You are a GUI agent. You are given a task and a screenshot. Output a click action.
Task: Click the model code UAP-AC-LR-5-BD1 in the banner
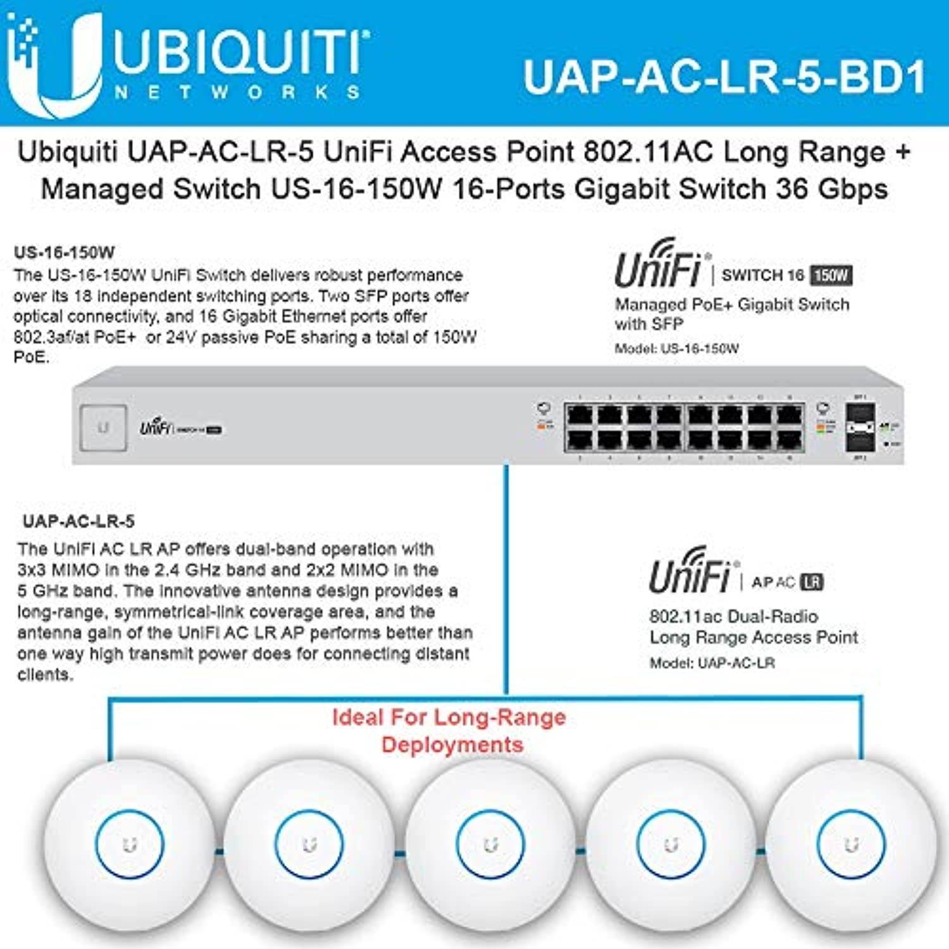pos(724,77)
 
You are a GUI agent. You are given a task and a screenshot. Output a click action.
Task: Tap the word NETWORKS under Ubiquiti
pos(237,92)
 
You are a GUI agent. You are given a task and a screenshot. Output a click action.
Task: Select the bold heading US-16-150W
pos(64,252)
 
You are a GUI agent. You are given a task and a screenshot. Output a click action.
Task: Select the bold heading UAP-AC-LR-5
pos(78,521)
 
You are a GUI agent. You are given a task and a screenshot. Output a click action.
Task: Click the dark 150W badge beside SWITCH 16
pos(831,275)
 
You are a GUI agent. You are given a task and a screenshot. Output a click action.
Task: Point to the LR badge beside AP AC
pos(812,582)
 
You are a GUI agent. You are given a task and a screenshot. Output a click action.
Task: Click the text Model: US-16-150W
pos(676,349)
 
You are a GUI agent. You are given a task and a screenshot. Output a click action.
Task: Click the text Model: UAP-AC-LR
pos(712,663)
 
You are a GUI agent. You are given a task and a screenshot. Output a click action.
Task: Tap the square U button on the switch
pos(103,428)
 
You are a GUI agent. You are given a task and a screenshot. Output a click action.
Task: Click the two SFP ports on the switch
pos(860,428)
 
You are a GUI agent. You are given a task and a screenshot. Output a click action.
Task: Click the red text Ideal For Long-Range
pos(449,717)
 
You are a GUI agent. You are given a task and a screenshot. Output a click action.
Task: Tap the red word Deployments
pos(452,745)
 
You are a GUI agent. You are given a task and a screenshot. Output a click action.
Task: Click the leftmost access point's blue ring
pos(130,845)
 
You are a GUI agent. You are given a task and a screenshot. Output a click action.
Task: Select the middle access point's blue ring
pos(490,845)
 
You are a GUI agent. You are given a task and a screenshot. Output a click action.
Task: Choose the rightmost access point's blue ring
pos(852,845)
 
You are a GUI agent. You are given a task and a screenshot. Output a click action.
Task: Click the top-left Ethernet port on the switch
pos(580,416)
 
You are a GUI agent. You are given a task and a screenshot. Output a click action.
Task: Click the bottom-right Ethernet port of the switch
pos(790,439)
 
